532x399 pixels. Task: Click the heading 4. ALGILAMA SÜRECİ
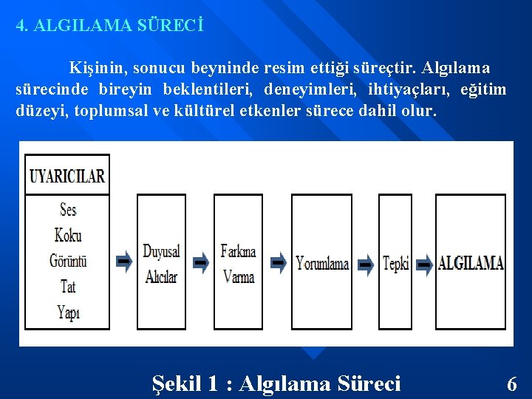(110, 25)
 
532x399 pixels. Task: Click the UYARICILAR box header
(67, 176)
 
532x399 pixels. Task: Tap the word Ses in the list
(68, 210)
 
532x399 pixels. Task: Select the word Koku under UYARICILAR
(68, 236)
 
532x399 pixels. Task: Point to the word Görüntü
(68, 261)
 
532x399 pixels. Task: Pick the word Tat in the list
(68, 286)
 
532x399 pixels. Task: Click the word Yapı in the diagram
(68, 312)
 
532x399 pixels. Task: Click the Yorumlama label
(322, 263)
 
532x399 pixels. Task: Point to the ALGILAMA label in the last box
(471, 263)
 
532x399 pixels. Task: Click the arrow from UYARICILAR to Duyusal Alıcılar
(124, 262)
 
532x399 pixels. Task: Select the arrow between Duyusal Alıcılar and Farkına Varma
(200, 262)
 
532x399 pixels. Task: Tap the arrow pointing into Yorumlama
(278, 262)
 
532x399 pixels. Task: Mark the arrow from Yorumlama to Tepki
(365, 265)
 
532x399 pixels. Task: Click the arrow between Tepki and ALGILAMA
(423, 265)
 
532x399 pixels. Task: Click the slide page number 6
(511, 384)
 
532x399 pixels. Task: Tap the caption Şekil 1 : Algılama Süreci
(276, 383)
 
